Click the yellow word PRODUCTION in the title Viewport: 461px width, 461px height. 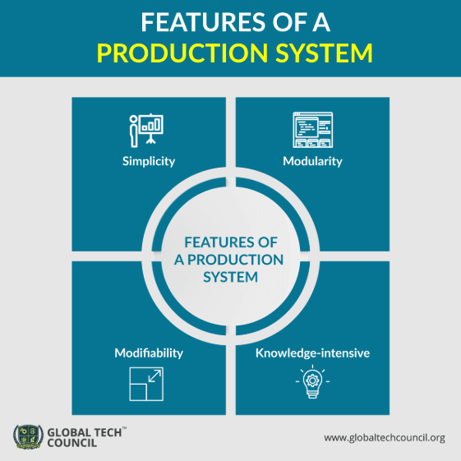click(182, 53)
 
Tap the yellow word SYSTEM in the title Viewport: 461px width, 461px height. click(325, 53)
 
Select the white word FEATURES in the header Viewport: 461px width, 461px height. click(203, 22)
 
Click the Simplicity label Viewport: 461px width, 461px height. click(149, 161)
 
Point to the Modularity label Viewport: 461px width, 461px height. click(312, 161)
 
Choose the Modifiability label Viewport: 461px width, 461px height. click(149, 353)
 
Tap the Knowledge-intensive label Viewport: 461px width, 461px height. click(312, 353)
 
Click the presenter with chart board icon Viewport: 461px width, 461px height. click(146, 130)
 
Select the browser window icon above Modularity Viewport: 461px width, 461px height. click(313, 130)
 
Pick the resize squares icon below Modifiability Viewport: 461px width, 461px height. click(146, 384)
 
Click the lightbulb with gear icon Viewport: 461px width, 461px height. click(312, 381)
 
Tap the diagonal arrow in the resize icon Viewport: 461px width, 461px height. click(154, 376)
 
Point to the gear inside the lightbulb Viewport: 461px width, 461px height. click(312, 380)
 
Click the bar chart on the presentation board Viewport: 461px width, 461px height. click(151, 125)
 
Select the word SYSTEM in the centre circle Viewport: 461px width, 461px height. click(230, 277)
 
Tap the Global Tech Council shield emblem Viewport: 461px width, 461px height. click(28, 437)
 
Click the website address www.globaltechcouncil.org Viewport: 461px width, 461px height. click(385, 438)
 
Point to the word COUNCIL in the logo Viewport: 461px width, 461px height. click(72, 443)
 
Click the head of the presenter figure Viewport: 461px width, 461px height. click(133, 119)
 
